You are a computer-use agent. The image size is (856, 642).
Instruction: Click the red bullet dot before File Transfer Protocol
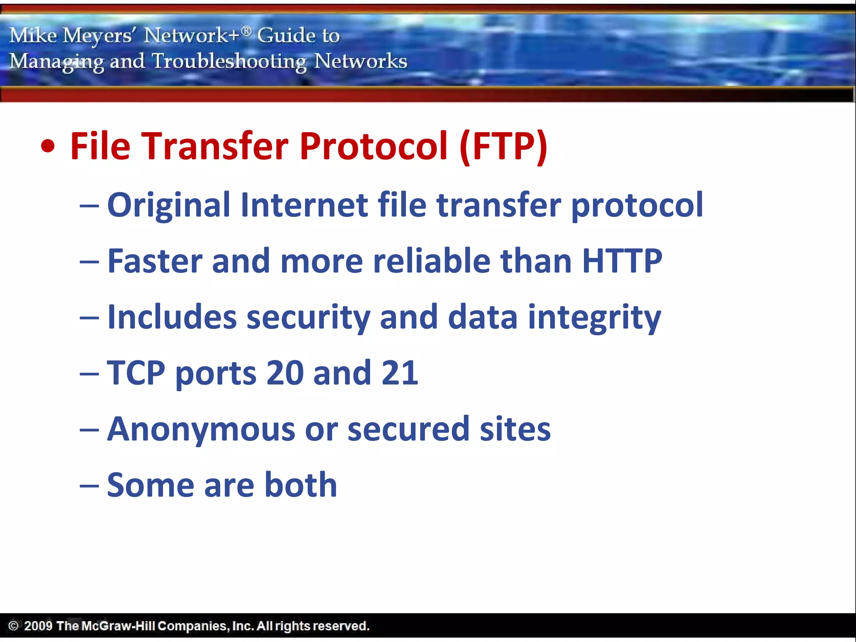point(48,147)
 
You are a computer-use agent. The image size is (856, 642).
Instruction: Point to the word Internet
point(304,205)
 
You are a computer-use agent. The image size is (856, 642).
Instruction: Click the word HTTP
point(622,261)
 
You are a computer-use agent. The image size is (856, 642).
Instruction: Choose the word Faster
point(155,261)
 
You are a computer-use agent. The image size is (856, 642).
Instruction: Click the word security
point(308,318)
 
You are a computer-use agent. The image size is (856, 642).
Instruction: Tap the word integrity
point(594,318)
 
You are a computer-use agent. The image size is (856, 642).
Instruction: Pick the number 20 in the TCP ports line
point(285,373)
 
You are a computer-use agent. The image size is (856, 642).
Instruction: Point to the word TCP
point(136,373)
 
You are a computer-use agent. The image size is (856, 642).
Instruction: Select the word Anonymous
point(201,429)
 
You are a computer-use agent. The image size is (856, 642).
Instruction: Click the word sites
point(515,429)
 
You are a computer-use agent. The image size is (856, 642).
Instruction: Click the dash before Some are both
point(89,486)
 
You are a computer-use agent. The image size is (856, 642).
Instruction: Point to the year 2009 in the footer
point(38,626)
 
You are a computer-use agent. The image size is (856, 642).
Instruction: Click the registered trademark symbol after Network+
point(247,31)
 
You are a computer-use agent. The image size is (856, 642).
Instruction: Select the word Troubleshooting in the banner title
point(229,61)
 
